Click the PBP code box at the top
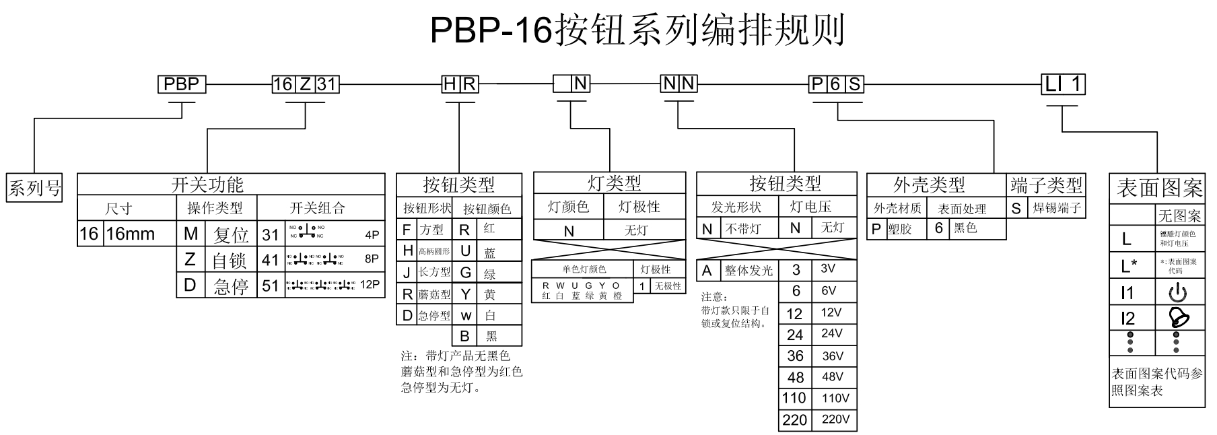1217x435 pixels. point(182,84)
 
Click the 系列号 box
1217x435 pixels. point(34,187)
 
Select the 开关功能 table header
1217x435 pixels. point(207,185)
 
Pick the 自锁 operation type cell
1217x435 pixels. point(230,261)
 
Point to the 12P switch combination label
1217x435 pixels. point(370,285)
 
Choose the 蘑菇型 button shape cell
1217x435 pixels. point(434,294)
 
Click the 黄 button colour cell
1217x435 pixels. point(489,294)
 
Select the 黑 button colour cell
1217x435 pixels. point(491,336)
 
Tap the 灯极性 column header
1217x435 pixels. point(639,207)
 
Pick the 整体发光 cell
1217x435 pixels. point(749,271)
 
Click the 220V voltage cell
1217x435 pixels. point(835,420)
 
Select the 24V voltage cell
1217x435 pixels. point(832,334)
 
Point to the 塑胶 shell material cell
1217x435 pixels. point(899,229)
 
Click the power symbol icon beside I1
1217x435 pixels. point(1177,293)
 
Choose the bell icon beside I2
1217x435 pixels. point(1177,317)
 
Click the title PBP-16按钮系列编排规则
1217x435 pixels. point(637,30)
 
